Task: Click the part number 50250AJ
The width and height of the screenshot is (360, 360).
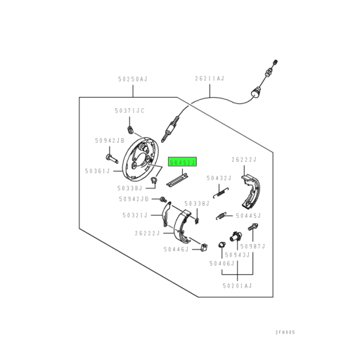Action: tap(132, 80)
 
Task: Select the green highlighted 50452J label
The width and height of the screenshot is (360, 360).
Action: tap(183, 162)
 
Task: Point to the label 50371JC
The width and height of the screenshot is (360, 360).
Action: tap(129, 110)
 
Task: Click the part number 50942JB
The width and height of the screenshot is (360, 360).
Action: tap(109, 140)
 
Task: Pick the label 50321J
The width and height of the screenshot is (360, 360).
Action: tap(134, 214)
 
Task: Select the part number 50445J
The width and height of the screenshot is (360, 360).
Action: tap(249, 216)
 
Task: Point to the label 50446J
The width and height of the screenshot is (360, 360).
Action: tap(176, 249)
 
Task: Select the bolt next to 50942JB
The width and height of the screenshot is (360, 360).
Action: tap(110, 156)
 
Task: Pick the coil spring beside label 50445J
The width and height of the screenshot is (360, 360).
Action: tap(221, 215)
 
